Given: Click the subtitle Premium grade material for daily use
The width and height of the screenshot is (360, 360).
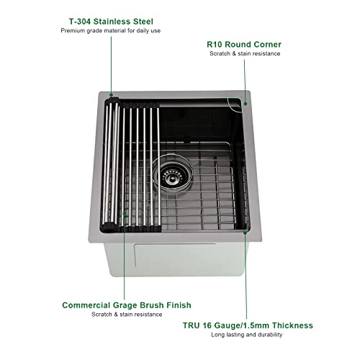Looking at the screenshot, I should point(110,32).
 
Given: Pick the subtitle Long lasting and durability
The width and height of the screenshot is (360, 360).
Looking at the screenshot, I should point(247,335).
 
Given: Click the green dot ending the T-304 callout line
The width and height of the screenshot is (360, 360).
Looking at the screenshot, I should point(110,94).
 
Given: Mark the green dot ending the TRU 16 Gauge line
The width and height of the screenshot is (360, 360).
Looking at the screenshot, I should point(246,232).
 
